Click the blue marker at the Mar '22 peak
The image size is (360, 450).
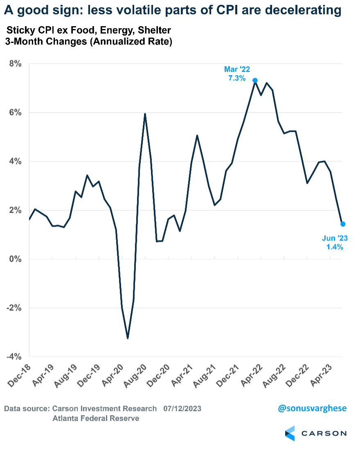tap(255, 81)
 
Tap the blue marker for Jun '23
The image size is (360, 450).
tap(343, 224)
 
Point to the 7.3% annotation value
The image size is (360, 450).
tap(237, 77)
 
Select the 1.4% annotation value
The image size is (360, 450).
tap(335, 247)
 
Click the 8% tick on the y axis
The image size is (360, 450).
tap(16, 64)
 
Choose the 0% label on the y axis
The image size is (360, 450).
tap(16, 259)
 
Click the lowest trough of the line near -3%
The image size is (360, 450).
tap(128, 338)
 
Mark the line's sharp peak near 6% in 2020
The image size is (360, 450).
tap(145, 114)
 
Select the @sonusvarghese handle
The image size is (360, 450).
tap(312, 408)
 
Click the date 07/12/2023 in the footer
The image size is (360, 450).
tap(182, 408)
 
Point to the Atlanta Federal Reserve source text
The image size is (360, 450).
tap(96, 418)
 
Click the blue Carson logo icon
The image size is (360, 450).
tap(290, 433)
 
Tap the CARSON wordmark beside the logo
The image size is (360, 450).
tap(324, 433)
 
